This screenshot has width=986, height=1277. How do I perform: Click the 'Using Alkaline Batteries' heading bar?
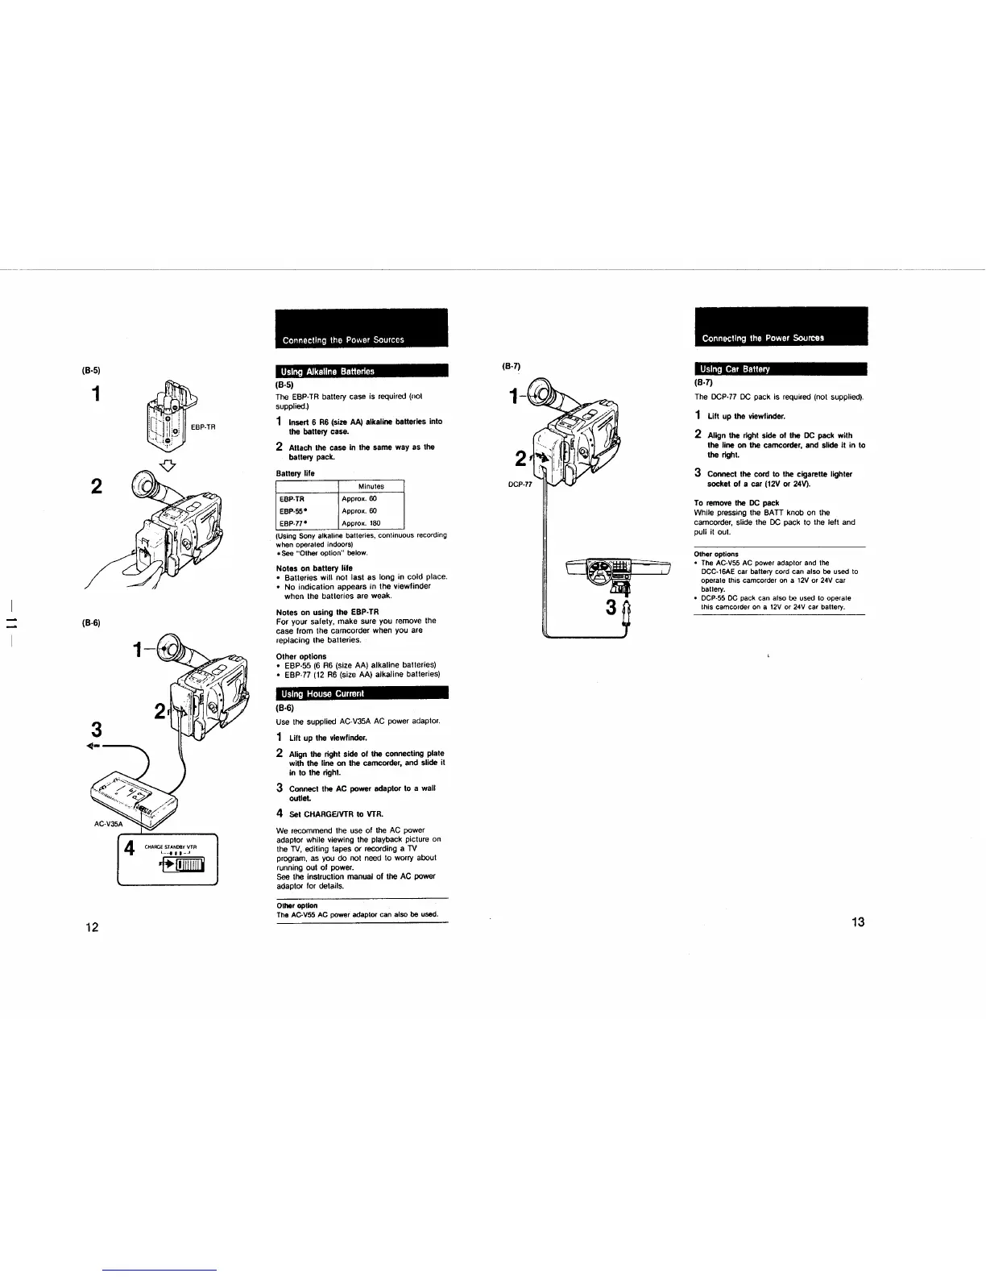point(361,372)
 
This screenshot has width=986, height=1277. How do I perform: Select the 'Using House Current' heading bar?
point(361,693)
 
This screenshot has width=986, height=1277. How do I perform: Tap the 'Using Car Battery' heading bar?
point(780,369)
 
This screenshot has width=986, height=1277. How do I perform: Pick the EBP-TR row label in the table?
point(292,499)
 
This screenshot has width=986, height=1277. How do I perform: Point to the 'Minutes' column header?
point(371,486)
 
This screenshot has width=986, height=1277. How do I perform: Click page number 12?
point(93,927)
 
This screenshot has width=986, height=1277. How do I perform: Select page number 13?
point(857,922)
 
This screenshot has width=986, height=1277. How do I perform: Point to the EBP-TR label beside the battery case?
point(203,427)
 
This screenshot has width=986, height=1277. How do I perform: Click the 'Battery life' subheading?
point(295,473)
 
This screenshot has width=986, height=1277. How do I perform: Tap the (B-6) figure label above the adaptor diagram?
point(89,623)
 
